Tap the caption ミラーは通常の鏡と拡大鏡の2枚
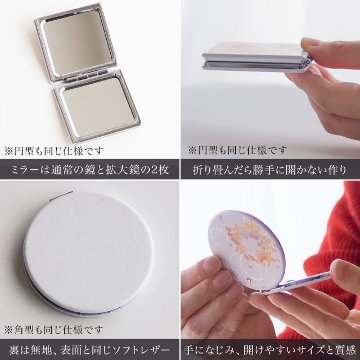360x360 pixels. [90, 169]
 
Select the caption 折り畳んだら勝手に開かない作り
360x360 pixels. [270, 169]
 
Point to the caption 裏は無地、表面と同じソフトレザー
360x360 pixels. [90, 349]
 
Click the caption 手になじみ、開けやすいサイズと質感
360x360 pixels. [270, 349]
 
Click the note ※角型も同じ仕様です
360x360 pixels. [54, 330]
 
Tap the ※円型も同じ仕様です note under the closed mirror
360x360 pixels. [236, 151]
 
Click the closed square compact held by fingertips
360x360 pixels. [253, 56]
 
